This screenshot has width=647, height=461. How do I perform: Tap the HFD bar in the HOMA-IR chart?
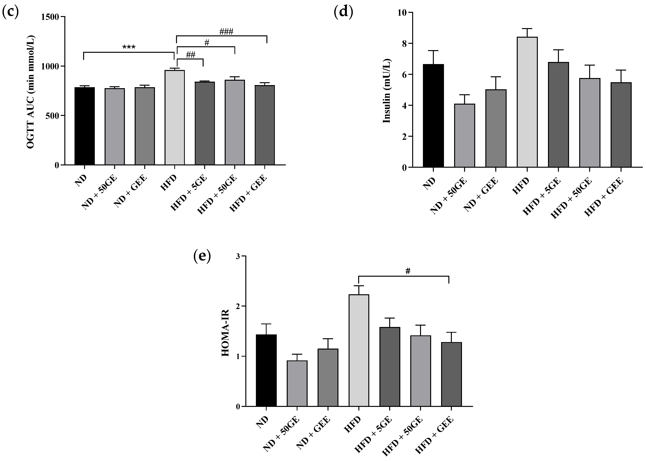point(359,350)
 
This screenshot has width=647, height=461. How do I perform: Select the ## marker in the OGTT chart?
point(190,55)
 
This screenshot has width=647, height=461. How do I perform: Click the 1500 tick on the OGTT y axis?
point(50,17)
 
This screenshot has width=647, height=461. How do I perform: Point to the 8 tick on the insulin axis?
point(403,43)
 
